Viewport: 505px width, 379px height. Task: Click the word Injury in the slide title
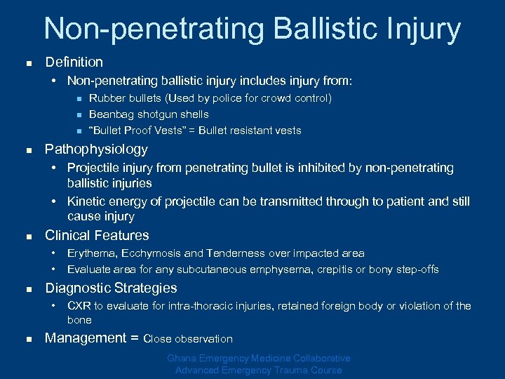(x=420, y=29)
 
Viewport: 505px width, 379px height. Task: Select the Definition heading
(x=74, y=62)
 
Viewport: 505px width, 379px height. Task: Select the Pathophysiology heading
(x=96, y=149)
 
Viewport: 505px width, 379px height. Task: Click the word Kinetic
(x=87, y=201)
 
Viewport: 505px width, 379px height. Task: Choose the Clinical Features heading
(x=97, y=235)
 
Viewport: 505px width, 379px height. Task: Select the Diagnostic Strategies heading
(x=111, y=288)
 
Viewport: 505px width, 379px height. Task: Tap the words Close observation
(x=188, y=339)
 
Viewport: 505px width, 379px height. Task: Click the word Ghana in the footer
(x=182, y=359)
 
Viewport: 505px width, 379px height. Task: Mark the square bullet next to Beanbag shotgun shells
(x=79, y=114)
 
